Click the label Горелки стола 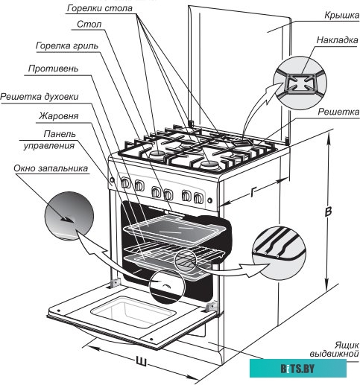tap(100, 8)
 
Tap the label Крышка tap(341, 16)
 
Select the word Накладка tap(337, 40)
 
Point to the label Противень tap(53, 69)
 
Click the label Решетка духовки tap(40, 97)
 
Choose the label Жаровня tap(58, 116)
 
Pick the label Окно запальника tap(51, 168)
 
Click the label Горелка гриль tap(67, 45)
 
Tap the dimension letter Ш tap(141, 360)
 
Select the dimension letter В tap(328, 211)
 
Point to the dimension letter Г tap(253, 192)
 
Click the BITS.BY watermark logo tap(298, 369)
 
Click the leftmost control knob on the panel tap(126, 183)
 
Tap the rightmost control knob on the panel tap(198, 197)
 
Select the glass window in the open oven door tap(132, 311)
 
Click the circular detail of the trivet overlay tap(300, 83)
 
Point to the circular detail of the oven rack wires tap(279, 253)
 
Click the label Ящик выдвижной tap(335, 349)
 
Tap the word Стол tap(89, 25)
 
